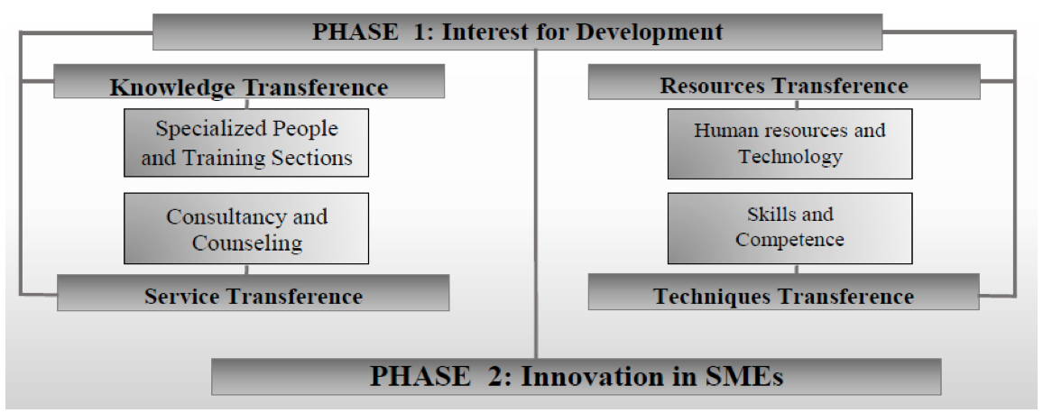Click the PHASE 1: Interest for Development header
pyautogui.click(x=518, y=32)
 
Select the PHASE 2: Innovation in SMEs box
pyautogui.click(x=576, y=376)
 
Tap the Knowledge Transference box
pyautogui.click(x=249, y=81)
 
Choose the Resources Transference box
pyautogui.click(x=783, y=81)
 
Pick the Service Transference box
pyautogui.click(x=253, y=293)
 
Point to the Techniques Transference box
pyautogui.click(x=783, y=291)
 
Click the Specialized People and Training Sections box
pyautogui.click(x=246, y=142)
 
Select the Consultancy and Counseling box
pyautogui.click(x=246, y=228)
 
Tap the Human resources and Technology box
pyautogui.click(x=790, y=143)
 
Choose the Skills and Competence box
pyautogui.click(x=790, y=228)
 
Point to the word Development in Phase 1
pyautogui.click(x=649, y=32)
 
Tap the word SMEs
pyautogui.click(x=739, y=376)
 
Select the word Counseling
pyautogui.click(x=247, y=243)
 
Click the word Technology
pyautogui.click(x=790, y=156)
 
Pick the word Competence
pyautogui.click(x=789, y=239)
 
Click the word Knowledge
pyautogui.click(x=172, y=87)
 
